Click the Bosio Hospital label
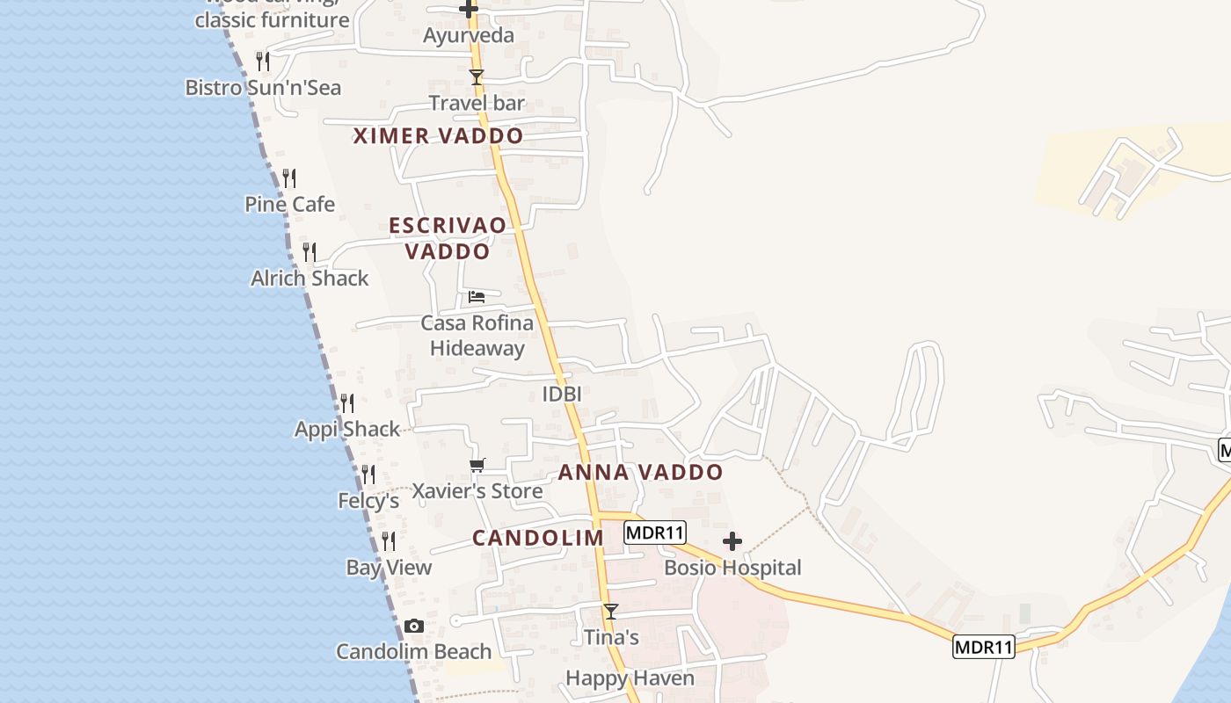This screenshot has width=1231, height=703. (732, 568)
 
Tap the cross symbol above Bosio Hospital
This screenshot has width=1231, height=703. (732, 541)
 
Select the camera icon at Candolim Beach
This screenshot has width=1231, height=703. (414, 627)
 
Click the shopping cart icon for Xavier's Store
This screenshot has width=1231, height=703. (477, 465)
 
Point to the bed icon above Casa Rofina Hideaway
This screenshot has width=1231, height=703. (477, 297)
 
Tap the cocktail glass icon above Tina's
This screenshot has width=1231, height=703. (611, 611)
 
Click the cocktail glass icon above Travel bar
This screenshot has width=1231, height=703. (477, 77)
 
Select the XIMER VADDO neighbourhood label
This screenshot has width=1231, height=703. (438, 136)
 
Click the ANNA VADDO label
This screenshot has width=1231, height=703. (640, 473)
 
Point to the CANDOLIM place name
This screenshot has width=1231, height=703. (538, 538)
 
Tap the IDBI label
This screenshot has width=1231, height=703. (562, 395)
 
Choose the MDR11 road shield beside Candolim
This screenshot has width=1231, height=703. (655, 533)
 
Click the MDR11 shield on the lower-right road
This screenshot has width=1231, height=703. (984, 648)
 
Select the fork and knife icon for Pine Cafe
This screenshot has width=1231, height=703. (289, 179)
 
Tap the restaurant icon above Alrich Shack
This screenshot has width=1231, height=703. (309, 252)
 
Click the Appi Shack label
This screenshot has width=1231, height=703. (347, 430)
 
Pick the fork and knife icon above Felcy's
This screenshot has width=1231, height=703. (368, 475)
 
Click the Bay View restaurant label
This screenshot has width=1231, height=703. (389, 568)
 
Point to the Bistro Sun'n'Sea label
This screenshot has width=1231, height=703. (263, 88)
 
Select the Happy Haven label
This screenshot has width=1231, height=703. (630, 678)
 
